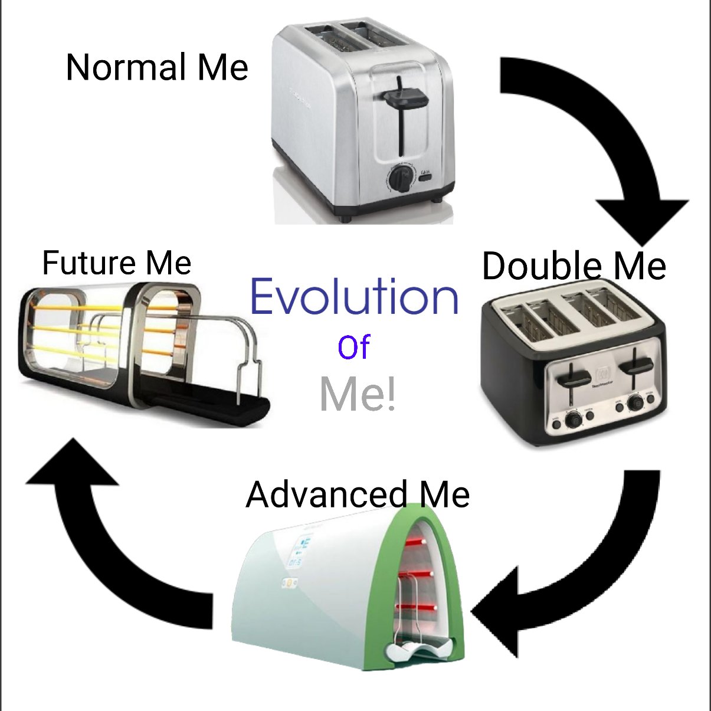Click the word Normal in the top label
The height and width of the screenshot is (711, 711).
click(x=127, y=68)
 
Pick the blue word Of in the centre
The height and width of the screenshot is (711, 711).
click(x=353, y=348)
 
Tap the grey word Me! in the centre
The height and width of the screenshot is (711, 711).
click(x=358, y=395)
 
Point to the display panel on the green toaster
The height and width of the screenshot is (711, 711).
click(x=299, y=552)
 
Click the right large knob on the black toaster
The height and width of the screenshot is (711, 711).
click(x=635, y=403)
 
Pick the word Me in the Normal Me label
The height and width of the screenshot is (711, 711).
click(x=222, y=68)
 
